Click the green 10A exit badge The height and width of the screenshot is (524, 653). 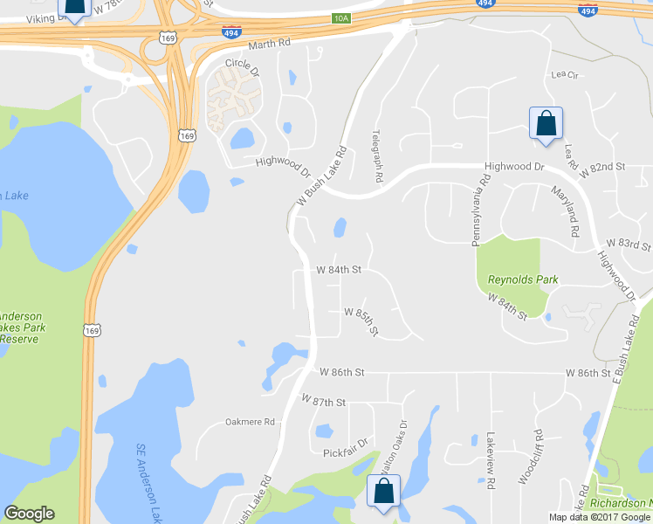click(x=340, y=17)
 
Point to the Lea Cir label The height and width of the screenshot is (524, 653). click(x=565, y=75)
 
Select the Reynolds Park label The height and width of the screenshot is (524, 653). click(x=522, y=279)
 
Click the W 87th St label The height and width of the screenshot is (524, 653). click(x=324, y=401)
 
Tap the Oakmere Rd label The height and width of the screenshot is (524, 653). click(x=250, y=422)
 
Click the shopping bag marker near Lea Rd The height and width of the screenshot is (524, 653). click(x=546, y=123)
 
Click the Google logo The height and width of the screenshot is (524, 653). click(x=29, y=514)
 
